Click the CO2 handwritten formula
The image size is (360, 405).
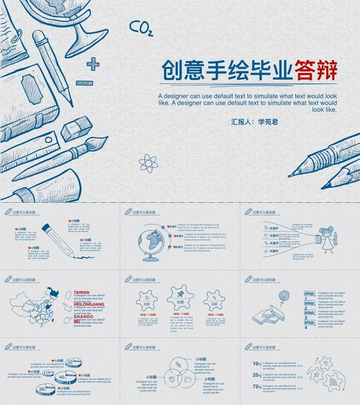(x=141, y=28)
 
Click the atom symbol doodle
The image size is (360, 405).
(x=148, y=164)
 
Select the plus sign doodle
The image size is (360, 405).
(x=93, y=64)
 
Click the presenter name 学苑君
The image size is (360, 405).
(x=268, y=122)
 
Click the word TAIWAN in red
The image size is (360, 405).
(x=81, y=292)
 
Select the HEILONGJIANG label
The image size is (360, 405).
(x=89, y=304)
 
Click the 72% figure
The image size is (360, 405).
(x=256, y=387)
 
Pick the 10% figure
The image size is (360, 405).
(x=256, y=363)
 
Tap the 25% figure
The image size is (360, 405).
(x=256, y=375)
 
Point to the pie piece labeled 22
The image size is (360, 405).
(x=73, y=362)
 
